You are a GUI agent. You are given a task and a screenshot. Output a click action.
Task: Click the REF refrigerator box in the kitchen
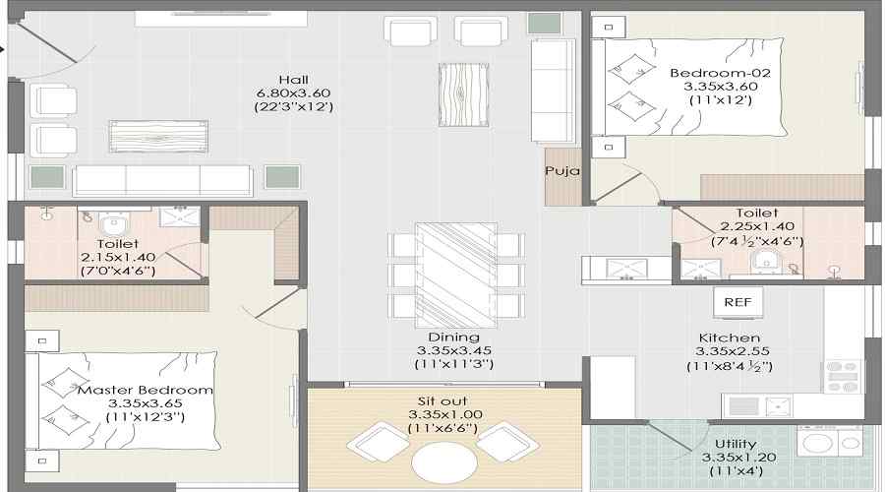(737, 303)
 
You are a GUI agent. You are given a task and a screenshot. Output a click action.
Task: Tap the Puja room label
(562, 170)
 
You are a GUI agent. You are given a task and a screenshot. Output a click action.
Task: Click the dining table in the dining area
(456, 276)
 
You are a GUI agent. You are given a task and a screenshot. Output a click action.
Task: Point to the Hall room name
(293, 80)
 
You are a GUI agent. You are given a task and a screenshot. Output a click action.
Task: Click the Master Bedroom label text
(146, 391)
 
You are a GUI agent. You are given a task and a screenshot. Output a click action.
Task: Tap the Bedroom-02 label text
(720, 73)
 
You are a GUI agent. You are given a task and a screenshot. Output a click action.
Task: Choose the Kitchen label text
(730, 338)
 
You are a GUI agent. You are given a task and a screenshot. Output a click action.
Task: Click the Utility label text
(736, 444)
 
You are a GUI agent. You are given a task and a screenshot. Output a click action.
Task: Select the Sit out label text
(442, 401)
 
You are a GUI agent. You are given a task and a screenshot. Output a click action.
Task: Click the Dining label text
(453, 338)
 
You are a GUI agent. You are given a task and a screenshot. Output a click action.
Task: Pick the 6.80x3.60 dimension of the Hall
(293, 93)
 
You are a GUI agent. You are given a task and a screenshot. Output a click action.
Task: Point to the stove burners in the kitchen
(842, 376)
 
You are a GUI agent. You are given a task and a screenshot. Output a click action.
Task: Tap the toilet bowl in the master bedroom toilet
(113, 222)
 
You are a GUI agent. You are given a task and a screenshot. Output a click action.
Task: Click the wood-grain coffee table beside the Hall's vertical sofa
(463, 94)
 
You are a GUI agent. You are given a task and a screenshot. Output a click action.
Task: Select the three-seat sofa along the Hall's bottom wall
(162, 181)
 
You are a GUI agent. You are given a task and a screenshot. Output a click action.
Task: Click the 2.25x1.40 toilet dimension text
(756, 227)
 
